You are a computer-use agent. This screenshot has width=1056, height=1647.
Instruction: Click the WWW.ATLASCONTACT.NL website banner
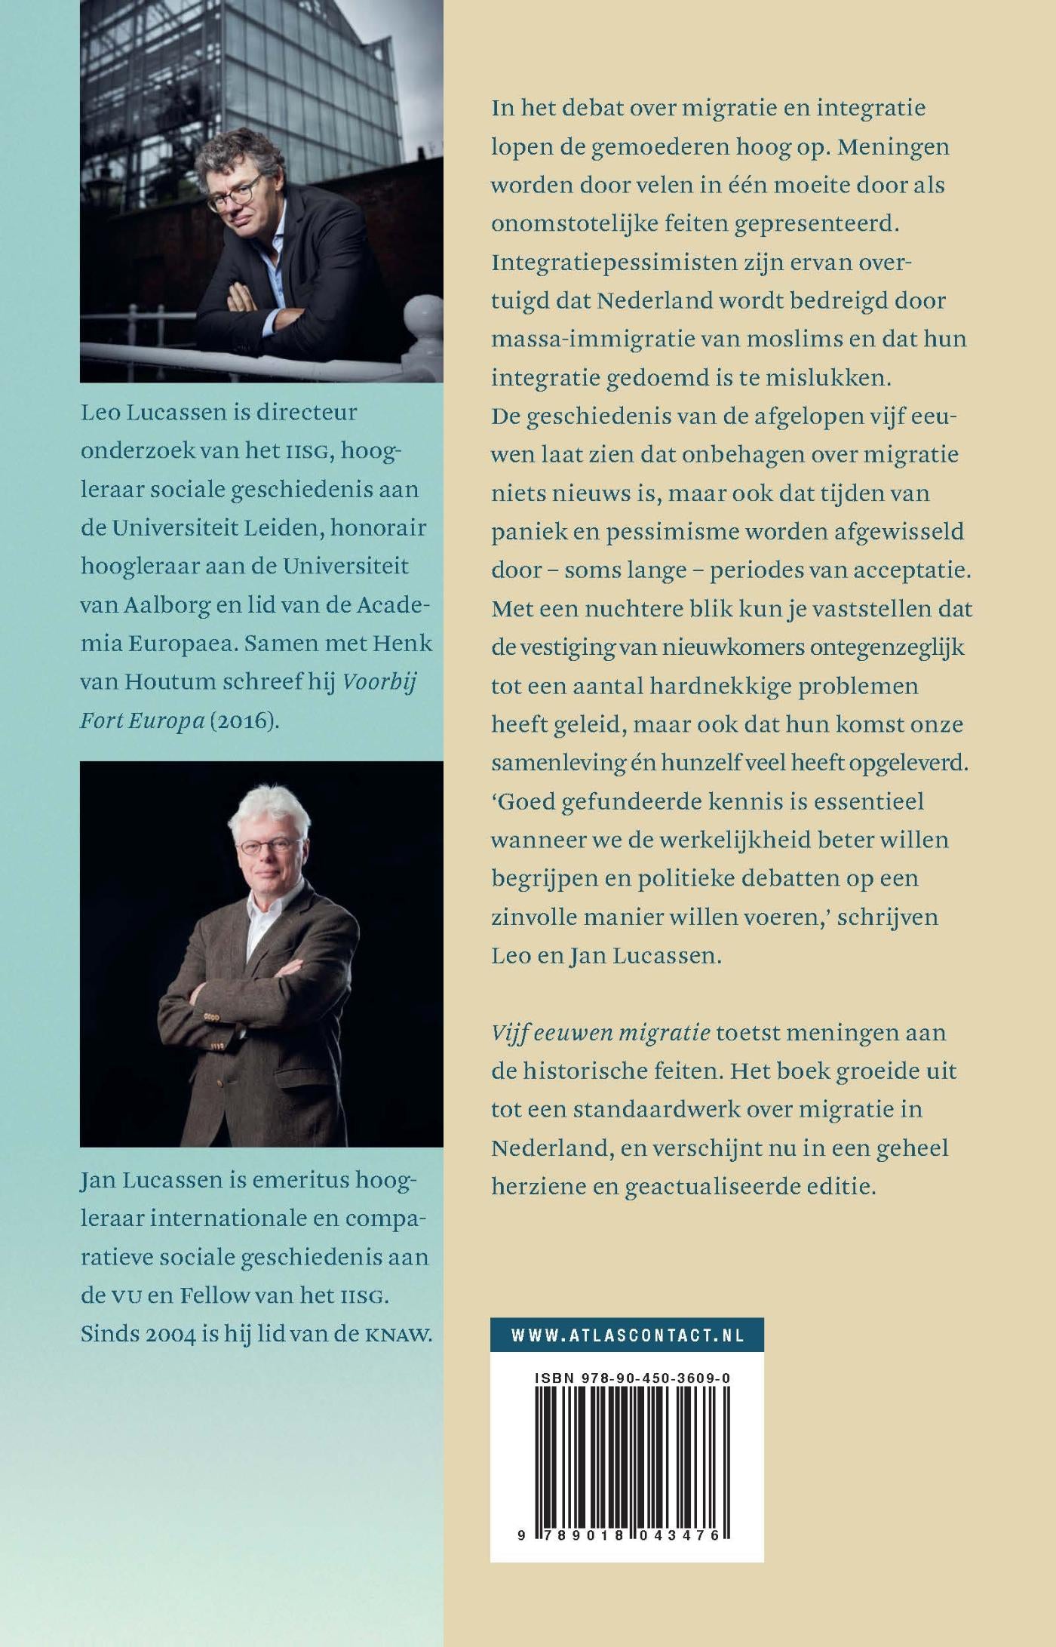click(627, 1335)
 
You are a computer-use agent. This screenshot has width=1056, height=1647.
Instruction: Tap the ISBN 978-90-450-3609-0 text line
click(632, 1378)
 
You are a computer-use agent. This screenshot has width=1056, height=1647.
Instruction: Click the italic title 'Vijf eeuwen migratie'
click(600, 1032)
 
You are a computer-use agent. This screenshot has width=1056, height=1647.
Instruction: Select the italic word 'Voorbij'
click(379, 681)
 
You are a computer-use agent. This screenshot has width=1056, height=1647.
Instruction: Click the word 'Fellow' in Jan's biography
click(214, 1295)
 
